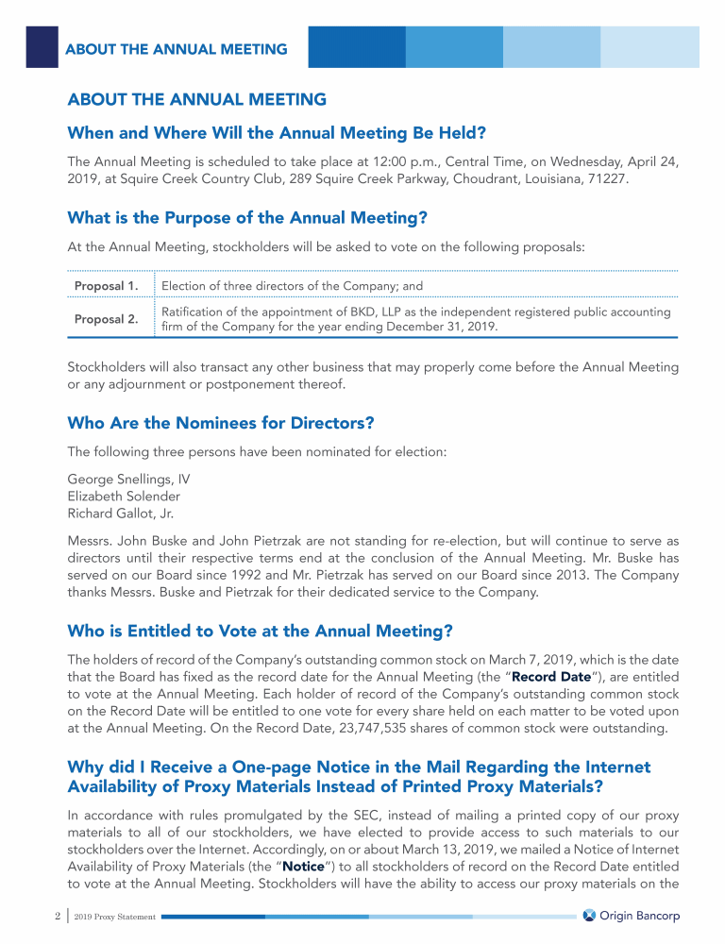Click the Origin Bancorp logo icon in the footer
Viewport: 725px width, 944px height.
pos(590,916)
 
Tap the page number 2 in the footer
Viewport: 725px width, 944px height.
pos(32,916)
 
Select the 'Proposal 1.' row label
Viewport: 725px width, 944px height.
pos(107,285)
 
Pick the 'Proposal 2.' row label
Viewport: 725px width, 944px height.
pos(107,319)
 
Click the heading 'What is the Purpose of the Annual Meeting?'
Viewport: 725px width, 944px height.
pos(248,218)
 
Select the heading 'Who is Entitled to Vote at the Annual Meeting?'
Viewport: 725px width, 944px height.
pos(261,631)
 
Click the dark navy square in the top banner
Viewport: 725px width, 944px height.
pos(42,46)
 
